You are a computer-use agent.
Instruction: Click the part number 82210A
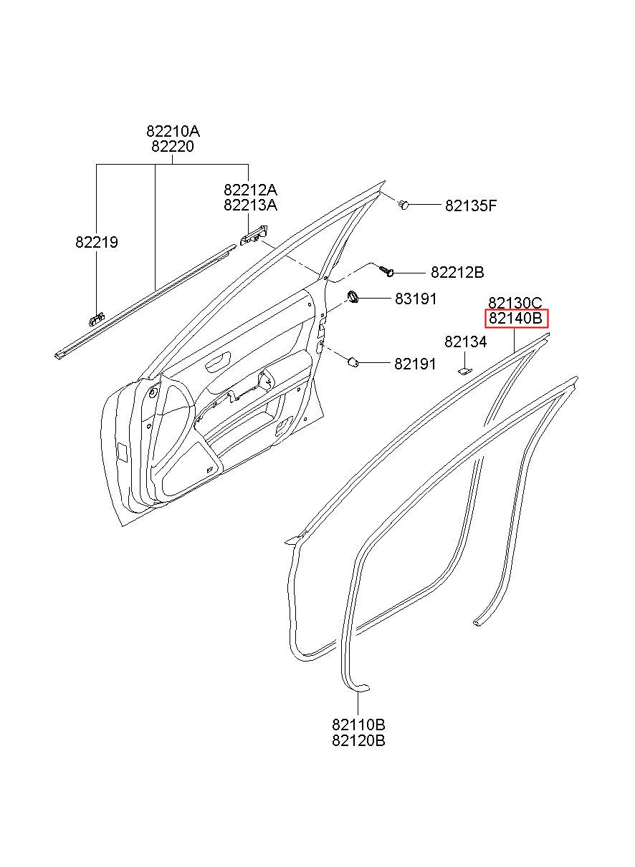pos(173,132)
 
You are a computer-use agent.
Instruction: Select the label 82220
pos(173,147)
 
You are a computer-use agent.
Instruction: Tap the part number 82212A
pos(250,190)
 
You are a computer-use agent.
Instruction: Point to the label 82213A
pos(250,205)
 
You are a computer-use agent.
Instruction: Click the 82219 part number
pos(97,243)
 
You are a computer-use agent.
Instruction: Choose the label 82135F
pos(471,206)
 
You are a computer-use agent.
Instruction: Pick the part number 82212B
pos(457,273)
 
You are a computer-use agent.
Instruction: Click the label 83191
pos(415,299)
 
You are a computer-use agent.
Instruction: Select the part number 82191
pos(415,364)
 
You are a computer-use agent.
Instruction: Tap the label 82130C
pos(515,303)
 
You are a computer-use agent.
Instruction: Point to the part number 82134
pos(465,342)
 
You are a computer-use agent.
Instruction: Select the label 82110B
pos(358,725)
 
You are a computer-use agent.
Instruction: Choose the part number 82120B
pos(358,741)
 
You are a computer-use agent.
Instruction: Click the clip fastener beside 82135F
pos(405,205)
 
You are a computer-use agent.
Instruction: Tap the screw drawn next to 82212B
pos(388,272)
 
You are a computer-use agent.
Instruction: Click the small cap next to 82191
pos(354,362)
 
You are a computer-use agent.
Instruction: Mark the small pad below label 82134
pos(464,371)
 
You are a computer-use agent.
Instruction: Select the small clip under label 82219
pos(97,318)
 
